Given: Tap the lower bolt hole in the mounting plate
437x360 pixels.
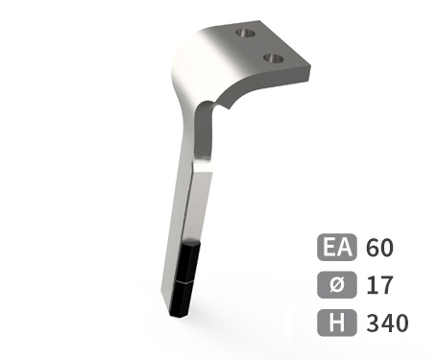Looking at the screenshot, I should pyautogui.click(x=276, y=60).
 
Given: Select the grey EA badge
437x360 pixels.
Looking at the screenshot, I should pyautogui.click(x=336, y=249).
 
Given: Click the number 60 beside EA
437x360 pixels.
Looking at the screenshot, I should pyautogui.click(x=379, y=249).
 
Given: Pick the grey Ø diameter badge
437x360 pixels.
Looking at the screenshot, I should pyautogui.click(x=336, y=285).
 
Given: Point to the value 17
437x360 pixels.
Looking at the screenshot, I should pyautogui.click(x=377, y=285).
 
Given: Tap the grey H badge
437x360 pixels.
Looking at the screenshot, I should pyautogui.click(x=336, y=323).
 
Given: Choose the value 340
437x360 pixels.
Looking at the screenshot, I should pyautogui.click(x=387, y=323).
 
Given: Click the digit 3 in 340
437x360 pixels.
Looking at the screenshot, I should pyautogui.click(x=373, y=323).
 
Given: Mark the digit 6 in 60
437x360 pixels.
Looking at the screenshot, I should pyautogui.click(x=372, y=249).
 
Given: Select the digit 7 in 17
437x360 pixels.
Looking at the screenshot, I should pyautogui.click(x=384, y=285).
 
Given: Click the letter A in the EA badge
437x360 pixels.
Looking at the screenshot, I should pyautogui.click(x=344, y=249).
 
